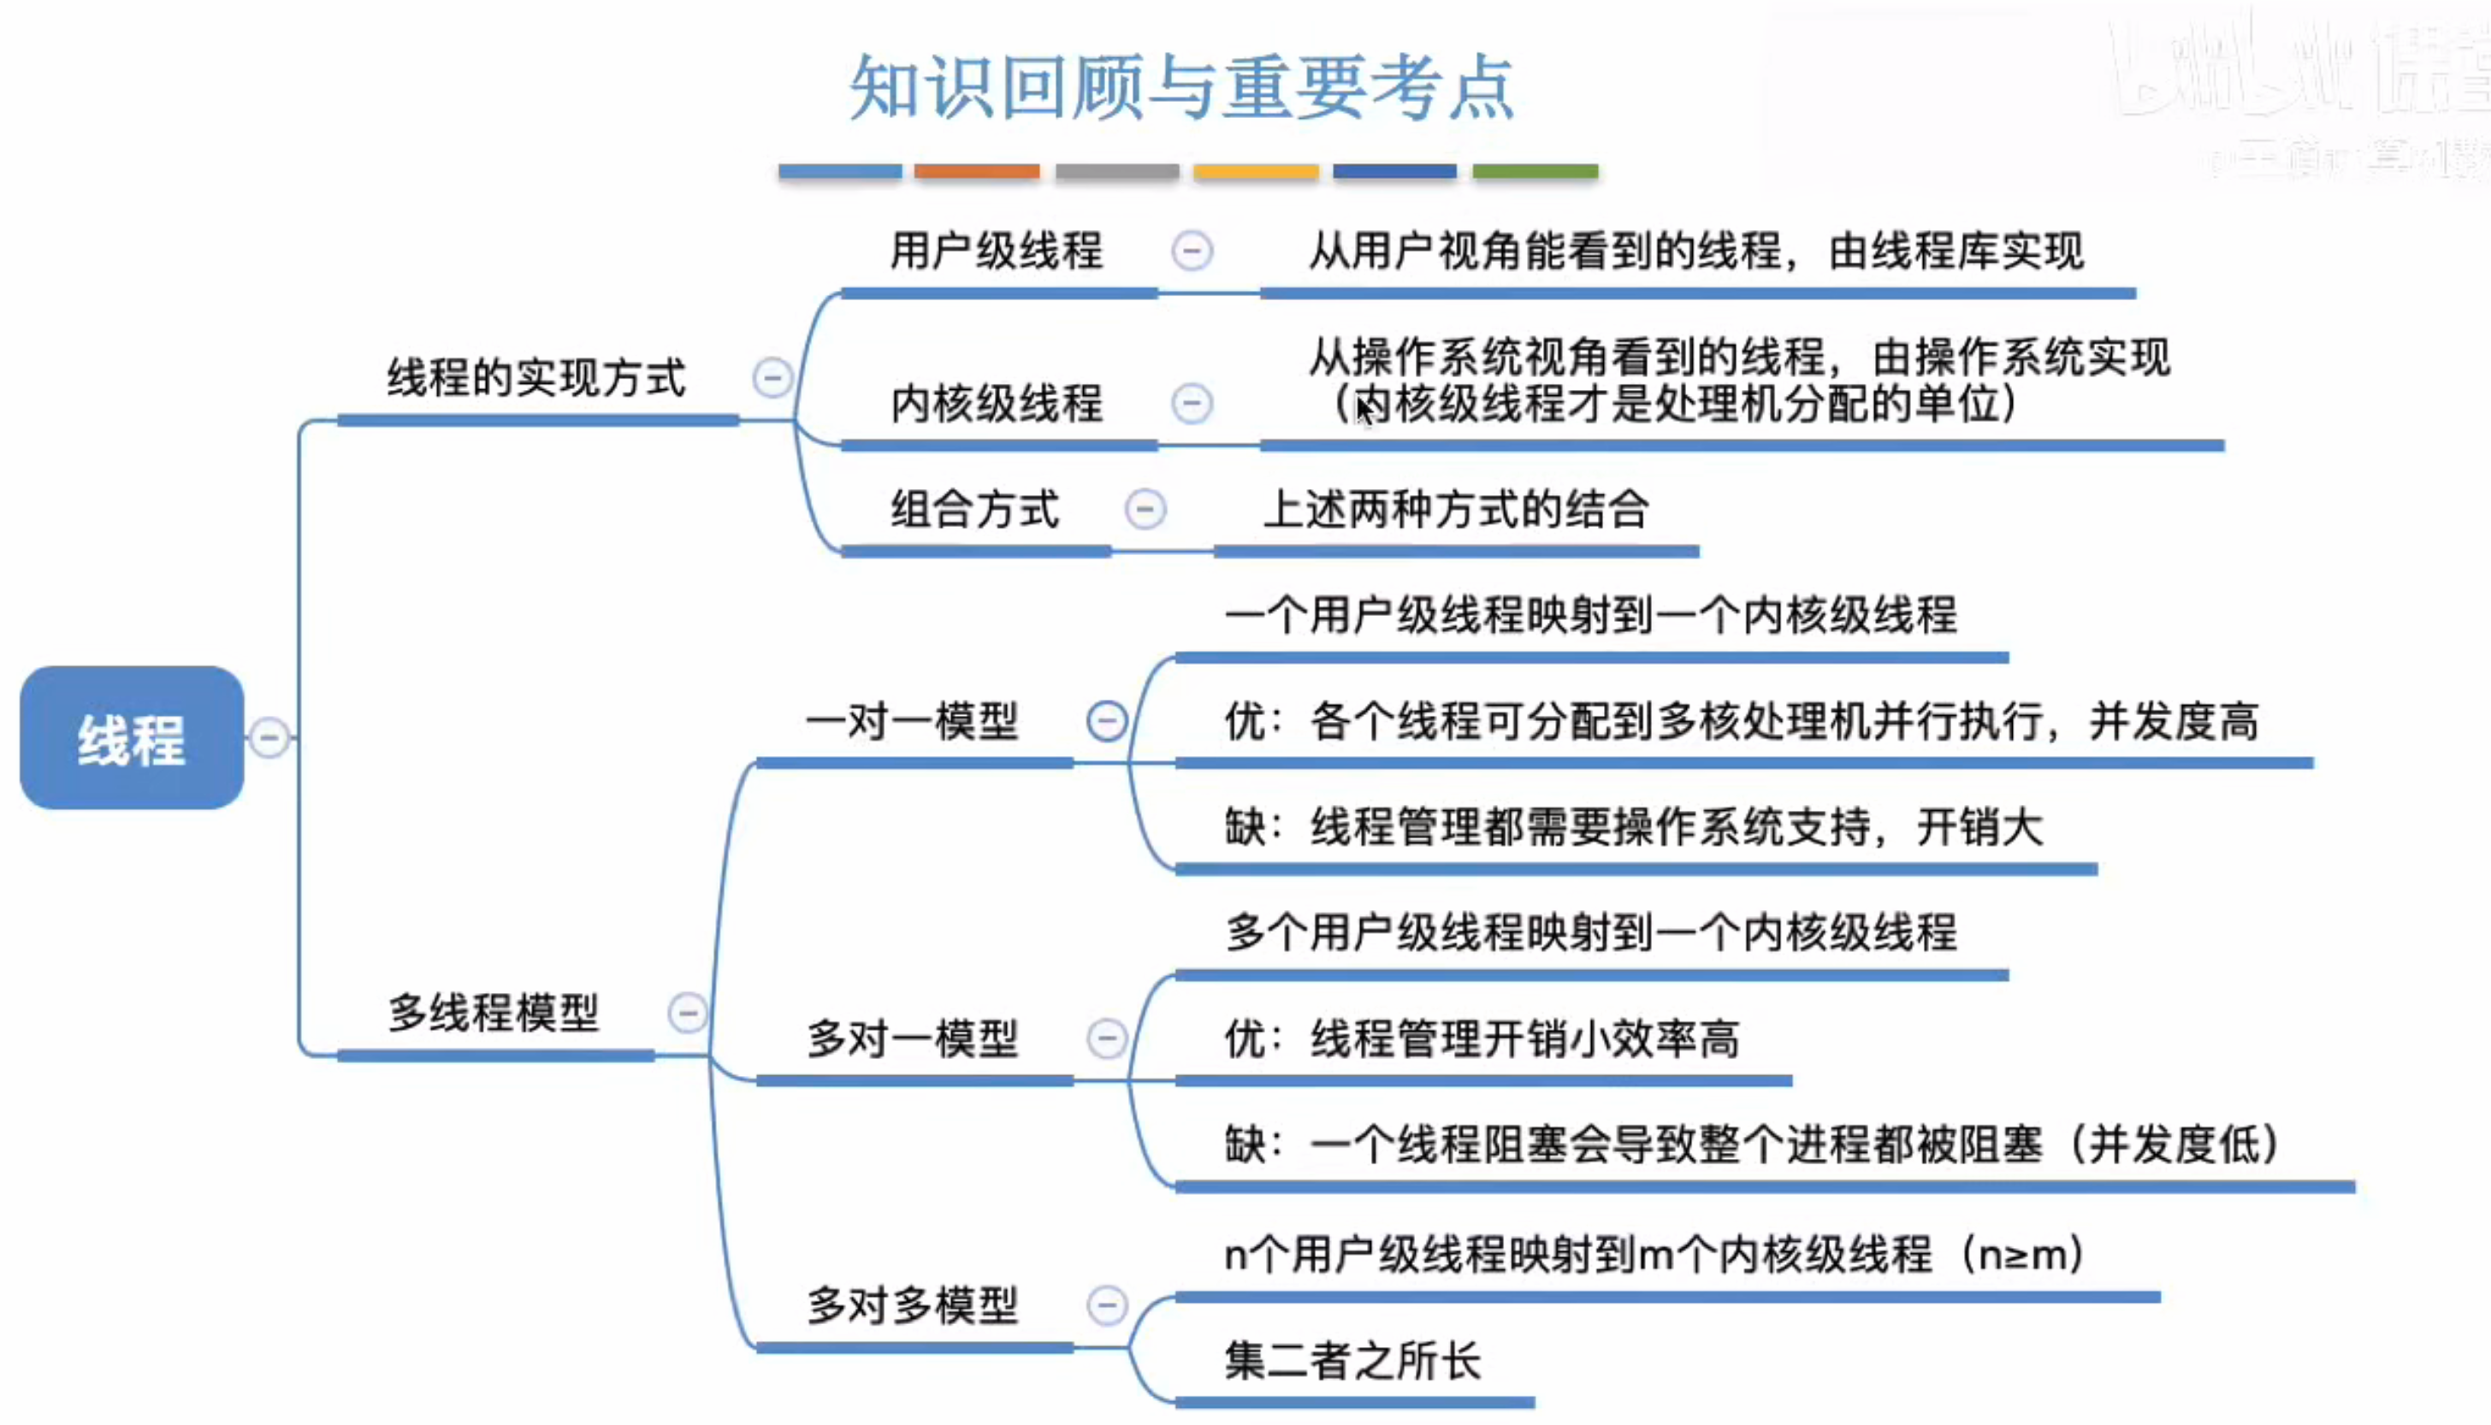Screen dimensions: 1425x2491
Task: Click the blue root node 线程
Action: (131, 738)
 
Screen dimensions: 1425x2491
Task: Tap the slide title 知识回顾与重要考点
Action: (1182, 88)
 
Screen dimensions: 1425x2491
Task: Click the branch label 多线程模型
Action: (494, 1012)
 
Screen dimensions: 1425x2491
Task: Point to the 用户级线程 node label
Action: (997, 251)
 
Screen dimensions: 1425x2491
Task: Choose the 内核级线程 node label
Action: (997, 403)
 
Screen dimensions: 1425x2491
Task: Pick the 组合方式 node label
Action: (975, 510)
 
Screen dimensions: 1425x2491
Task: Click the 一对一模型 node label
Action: (912, 721)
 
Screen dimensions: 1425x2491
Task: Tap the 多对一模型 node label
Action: (912, 1038)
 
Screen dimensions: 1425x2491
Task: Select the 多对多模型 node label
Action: (912, 1304)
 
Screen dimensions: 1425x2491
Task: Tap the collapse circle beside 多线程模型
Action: (687, 1012)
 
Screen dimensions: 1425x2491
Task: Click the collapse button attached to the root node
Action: (269, 738)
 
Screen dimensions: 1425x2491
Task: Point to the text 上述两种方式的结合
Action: (1457, 510)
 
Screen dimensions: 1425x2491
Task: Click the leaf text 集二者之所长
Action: (1352, 1360)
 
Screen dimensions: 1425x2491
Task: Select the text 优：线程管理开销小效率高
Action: (1482, 1038)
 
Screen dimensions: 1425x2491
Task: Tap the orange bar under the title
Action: (977, 171)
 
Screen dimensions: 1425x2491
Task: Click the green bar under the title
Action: (1535, 171)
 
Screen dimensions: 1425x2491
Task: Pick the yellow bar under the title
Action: (1256, 171)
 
